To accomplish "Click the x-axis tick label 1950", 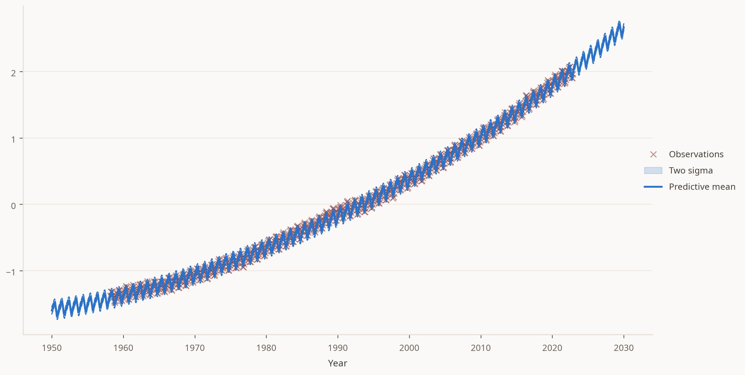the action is [52, 348].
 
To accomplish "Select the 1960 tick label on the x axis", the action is [123, 348].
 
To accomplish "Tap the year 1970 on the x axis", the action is [195, 348].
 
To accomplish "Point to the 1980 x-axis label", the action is [266, 348].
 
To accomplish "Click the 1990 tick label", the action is [338, 348].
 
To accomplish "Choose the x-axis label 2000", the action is [409, 348].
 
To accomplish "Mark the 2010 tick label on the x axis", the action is [481, 348].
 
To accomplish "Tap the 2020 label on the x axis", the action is [552, 348].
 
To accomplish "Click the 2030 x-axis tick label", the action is [624, 348].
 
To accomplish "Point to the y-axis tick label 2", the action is [13, 73].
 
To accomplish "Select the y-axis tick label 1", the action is [13, 139].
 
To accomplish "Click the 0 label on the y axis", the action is [13, 206].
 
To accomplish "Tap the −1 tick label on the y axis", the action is [11, 272].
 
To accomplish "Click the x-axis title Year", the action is [338, 363].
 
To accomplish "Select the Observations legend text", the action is [696, 154].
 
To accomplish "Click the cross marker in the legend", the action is [653, 155].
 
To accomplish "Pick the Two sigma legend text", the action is [691, 171].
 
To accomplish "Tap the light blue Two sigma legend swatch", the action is [653, 171].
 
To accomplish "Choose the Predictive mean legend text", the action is [702, 187].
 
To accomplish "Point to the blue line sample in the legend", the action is [653, 187].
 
